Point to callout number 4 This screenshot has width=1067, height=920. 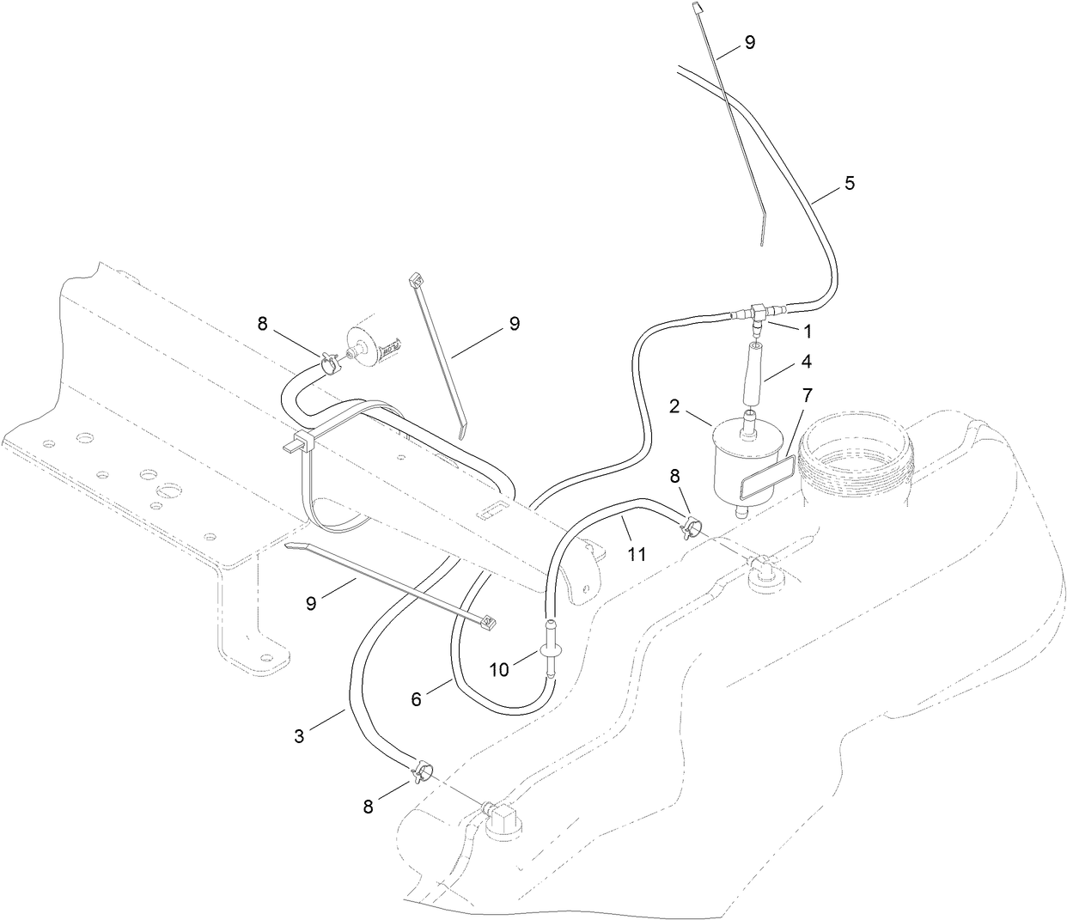(x=808, y=362)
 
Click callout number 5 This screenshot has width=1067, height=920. (x=850, y=183)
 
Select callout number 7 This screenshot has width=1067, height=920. (x=807, y=396)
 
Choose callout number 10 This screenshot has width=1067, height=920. (x=499, y=670)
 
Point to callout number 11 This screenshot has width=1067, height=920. (x=636, y=554)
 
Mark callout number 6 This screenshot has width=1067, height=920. (x=416, y=700)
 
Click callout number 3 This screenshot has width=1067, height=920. (x=299, y=736)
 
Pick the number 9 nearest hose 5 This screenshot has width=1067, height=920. (x=750, y=42)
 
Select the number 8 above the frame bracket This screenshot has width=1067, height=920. (x=262, y=324)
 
